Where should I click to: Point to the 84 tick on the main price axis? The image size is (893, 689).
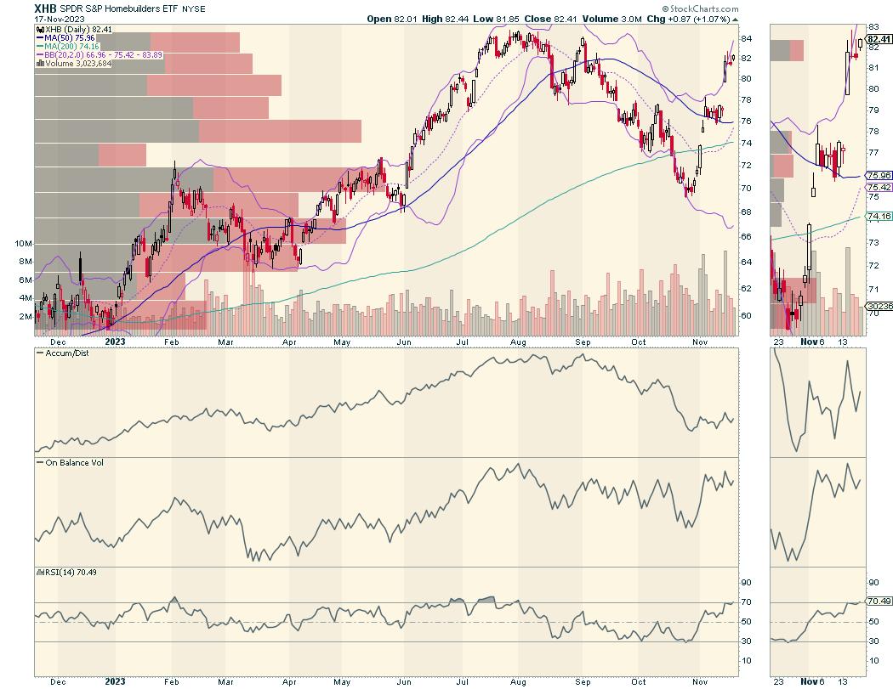pos(746,39)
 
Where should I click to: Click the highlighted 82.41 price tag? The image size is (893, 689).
pos(879,39)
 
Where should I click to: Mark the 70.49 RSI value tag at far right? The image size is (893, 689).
pos(879,601)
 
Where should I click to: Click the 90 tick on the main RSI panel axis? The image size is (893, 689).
pos(746,583)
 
